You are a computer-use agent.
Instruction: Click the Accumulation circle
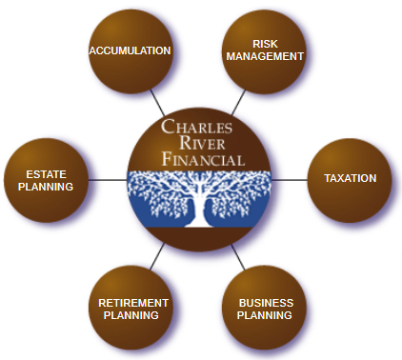tap(130, 50)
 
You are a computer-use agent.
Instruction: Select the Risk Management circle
tap(265, 50)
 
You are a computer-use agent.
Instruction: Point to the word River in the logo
tap(201, 144)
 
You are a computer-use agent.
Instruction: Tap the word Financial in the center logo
tap(201, 159)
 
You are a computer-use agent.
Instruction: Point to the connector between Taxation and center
tap(290, 178)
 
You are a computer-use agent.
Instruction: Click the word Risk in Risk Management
tap(265, 43)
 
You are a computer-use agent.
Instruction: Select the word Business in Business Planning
tap(266, 302)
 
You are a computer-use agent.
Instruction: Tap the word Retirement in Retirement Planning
tap(133, 302)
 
